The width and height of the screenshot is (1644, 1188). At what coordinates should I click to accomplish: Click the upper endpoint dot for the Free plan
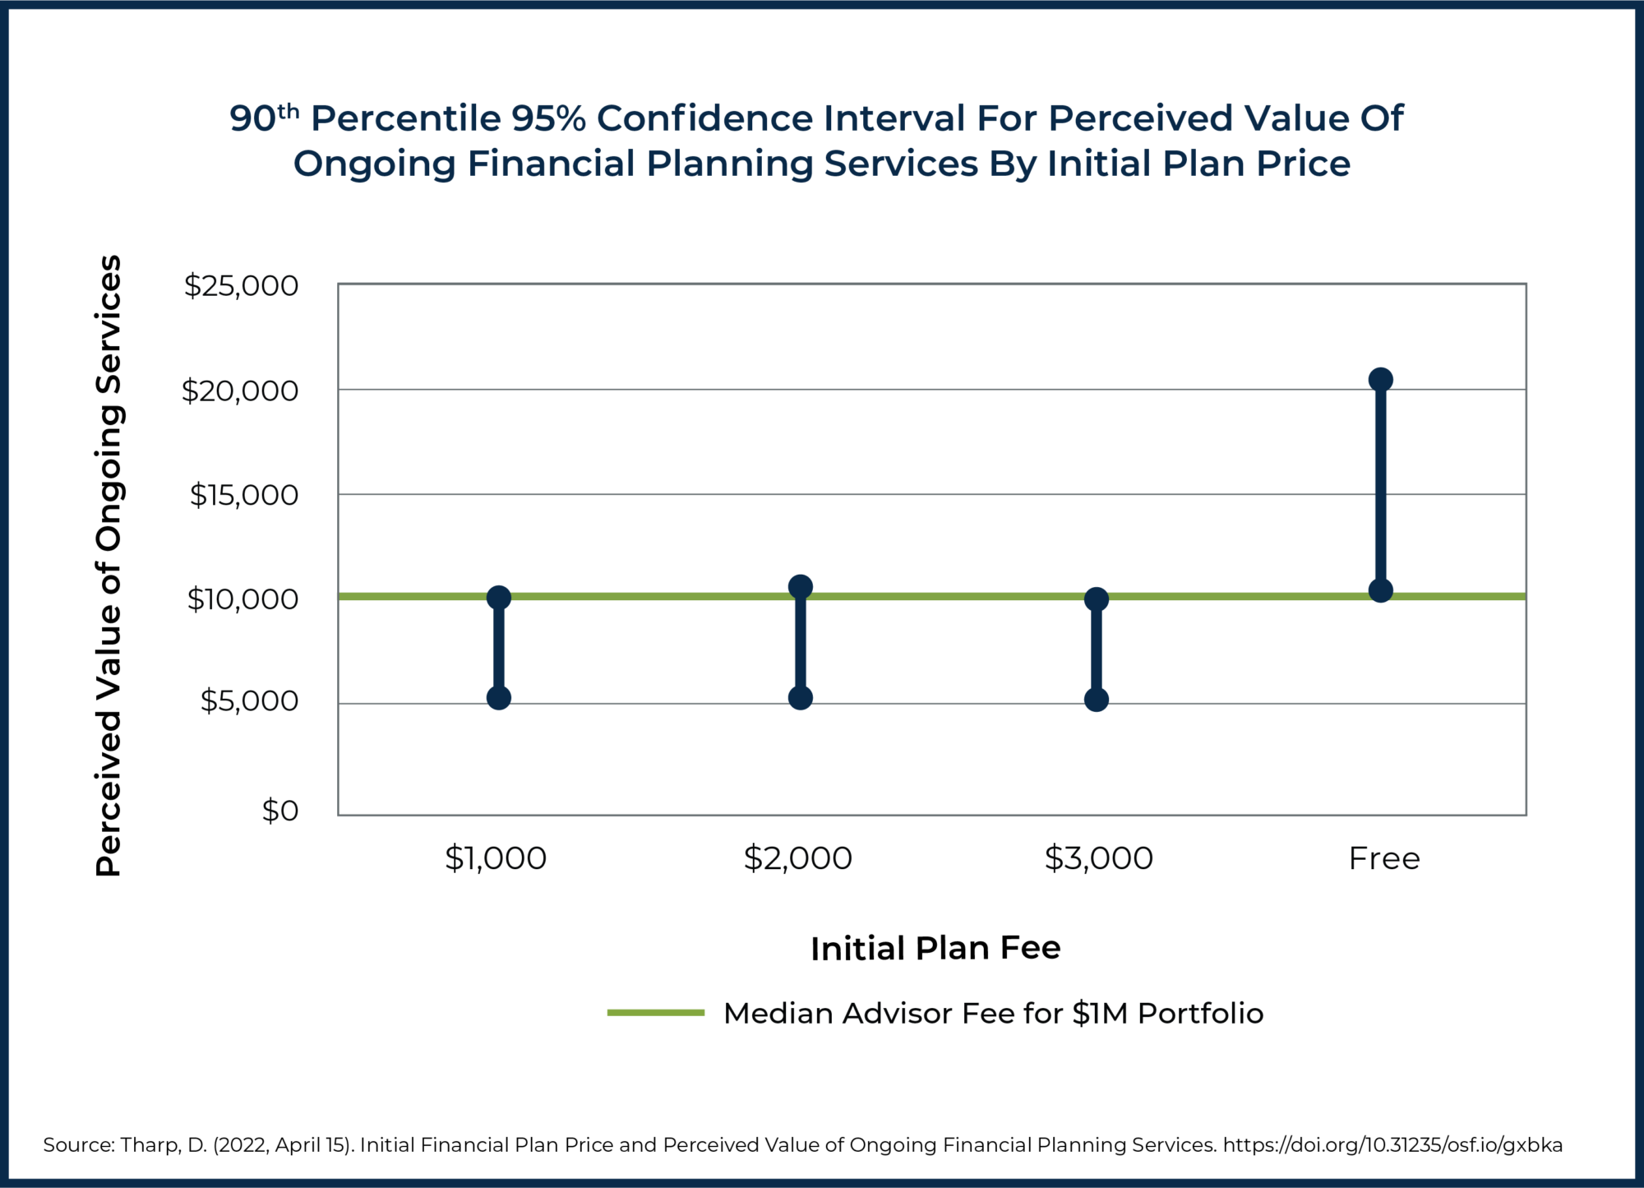click(1381, 379)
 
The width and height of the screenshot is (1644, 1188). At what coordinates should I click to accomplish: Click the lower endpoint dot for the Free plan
click(1381, 590)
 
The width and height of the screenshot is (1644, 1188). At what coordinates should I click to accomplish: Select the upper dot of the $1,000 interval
click(499, 598)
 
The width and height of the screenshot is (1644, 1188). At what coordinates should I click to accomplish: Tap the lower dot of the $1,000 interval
click(499, 698)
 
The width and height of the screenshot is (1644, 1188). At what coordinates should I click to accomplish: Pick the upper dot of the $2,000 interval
click(801, 586)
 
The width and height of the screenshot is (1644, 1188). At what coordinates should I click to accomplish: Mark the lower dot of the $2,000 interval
click(801, 698)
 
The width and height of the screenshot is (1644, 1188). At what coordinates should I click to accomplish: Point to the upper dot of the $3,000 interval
click(1097, 599)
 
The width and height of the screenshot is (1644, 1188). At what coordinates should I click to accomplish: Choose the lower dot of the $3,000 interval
click(1097, 700)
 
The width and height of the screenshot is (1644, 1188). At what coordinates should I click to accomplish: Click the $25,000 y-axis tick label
click(241, 286)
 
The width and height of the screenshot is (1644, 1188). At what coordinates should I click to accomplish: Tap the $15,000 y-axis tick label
click(244, 495)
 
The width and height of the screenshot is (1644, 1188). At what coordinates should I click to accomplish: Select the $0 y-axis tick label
click(279, 811)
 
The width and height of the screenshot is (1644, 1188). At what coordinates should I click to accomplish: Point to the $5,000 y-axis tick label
click(249, 700)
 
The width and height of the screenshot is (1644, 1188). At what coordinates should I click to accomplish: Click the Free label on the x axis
click(1384, 858)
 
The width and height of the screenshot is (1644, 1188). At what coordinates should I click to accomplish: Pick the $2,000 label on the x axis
click(797, 858)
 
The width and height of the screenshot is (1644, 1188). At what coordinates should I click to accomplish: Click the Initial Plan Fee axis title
click(935, 948)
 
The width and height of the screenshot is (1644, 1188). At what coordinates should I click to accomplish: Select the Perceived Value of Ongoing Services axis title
click(109, 566)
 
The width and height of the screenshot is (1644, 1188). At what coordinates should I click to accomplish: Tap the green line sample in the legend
click(656, 1013)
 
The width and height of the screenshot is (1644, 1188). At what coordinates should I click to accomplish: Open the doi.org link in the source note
click(1392, 1144)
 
